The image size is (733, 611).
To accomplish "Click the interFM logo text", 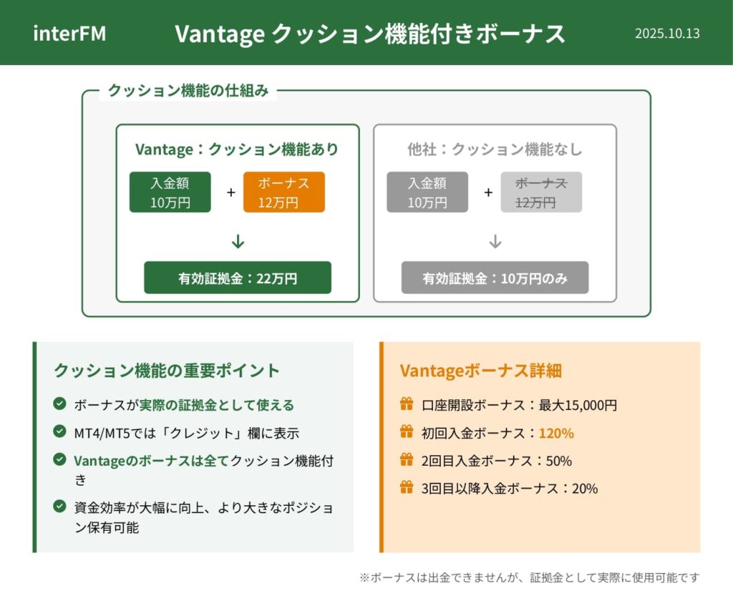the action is (x=69, y=34).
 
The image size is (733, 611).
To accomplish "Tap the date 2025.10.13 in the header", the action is (x=667, y=34).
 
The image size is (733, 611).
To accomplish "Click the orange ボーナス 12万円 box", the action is (x=283, y=192).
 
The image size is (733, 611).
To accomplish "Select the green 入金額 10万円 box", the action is (x=170, y=192).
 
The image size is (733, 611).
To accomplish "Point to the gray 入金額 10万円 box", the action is (x=427, y=192).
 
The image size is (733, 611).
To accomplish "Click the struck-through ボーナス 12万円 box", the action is (x=541, y=192).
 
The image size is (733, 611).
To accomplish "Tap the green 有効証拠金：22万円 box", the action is (x=238, y=278).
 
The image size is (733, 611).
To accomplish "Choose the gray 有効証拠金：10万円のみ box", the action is (x=495, y=278).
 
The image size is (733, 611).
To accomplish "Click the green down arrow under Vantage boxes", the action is (x=238, y=242).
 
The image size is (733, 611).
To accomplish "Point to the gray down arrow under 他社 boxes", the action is (x=495, y=242).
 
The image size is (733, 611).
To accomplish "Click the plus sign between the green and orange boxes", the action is (x=231, y=192).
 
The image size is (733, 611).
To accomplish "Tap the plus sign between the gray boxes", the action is (x=488, y=192).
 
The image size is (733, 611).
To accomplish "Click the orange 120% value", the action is (x=556, y=433).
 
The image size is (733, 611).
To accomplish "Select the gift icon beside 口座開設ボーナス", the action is (x=407, y=404).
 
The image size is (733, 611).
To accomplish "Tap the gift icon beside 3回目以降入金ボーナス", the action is (x=407, y=487).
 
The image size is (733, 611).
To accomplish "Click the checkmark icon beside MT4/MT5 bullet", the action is (x=59, y=431).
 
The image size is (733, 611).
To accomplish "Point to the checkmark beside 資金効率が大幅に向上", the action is (x=59, y=506).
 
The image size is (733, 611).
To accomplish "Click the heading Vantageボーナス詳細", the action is (x=480, y=371).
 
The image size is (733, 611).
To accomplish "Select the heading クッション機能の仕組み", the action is (x=188, y=90).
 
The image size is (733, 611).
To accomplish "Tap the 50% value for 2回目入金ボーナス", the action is (x=559, y=461).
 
